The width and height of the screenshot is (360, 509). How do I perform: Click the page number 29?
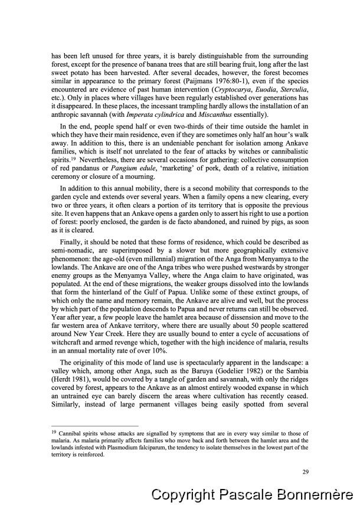point(305,471)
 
